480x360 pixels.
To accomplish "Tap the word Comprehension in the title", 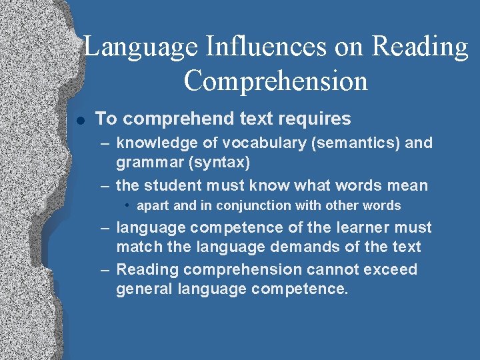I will pos(276,81).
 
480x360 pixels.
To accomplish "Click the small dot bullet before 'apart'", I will pos(130,205).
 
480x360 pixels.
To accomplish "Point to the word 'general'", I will pos(142,289).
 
